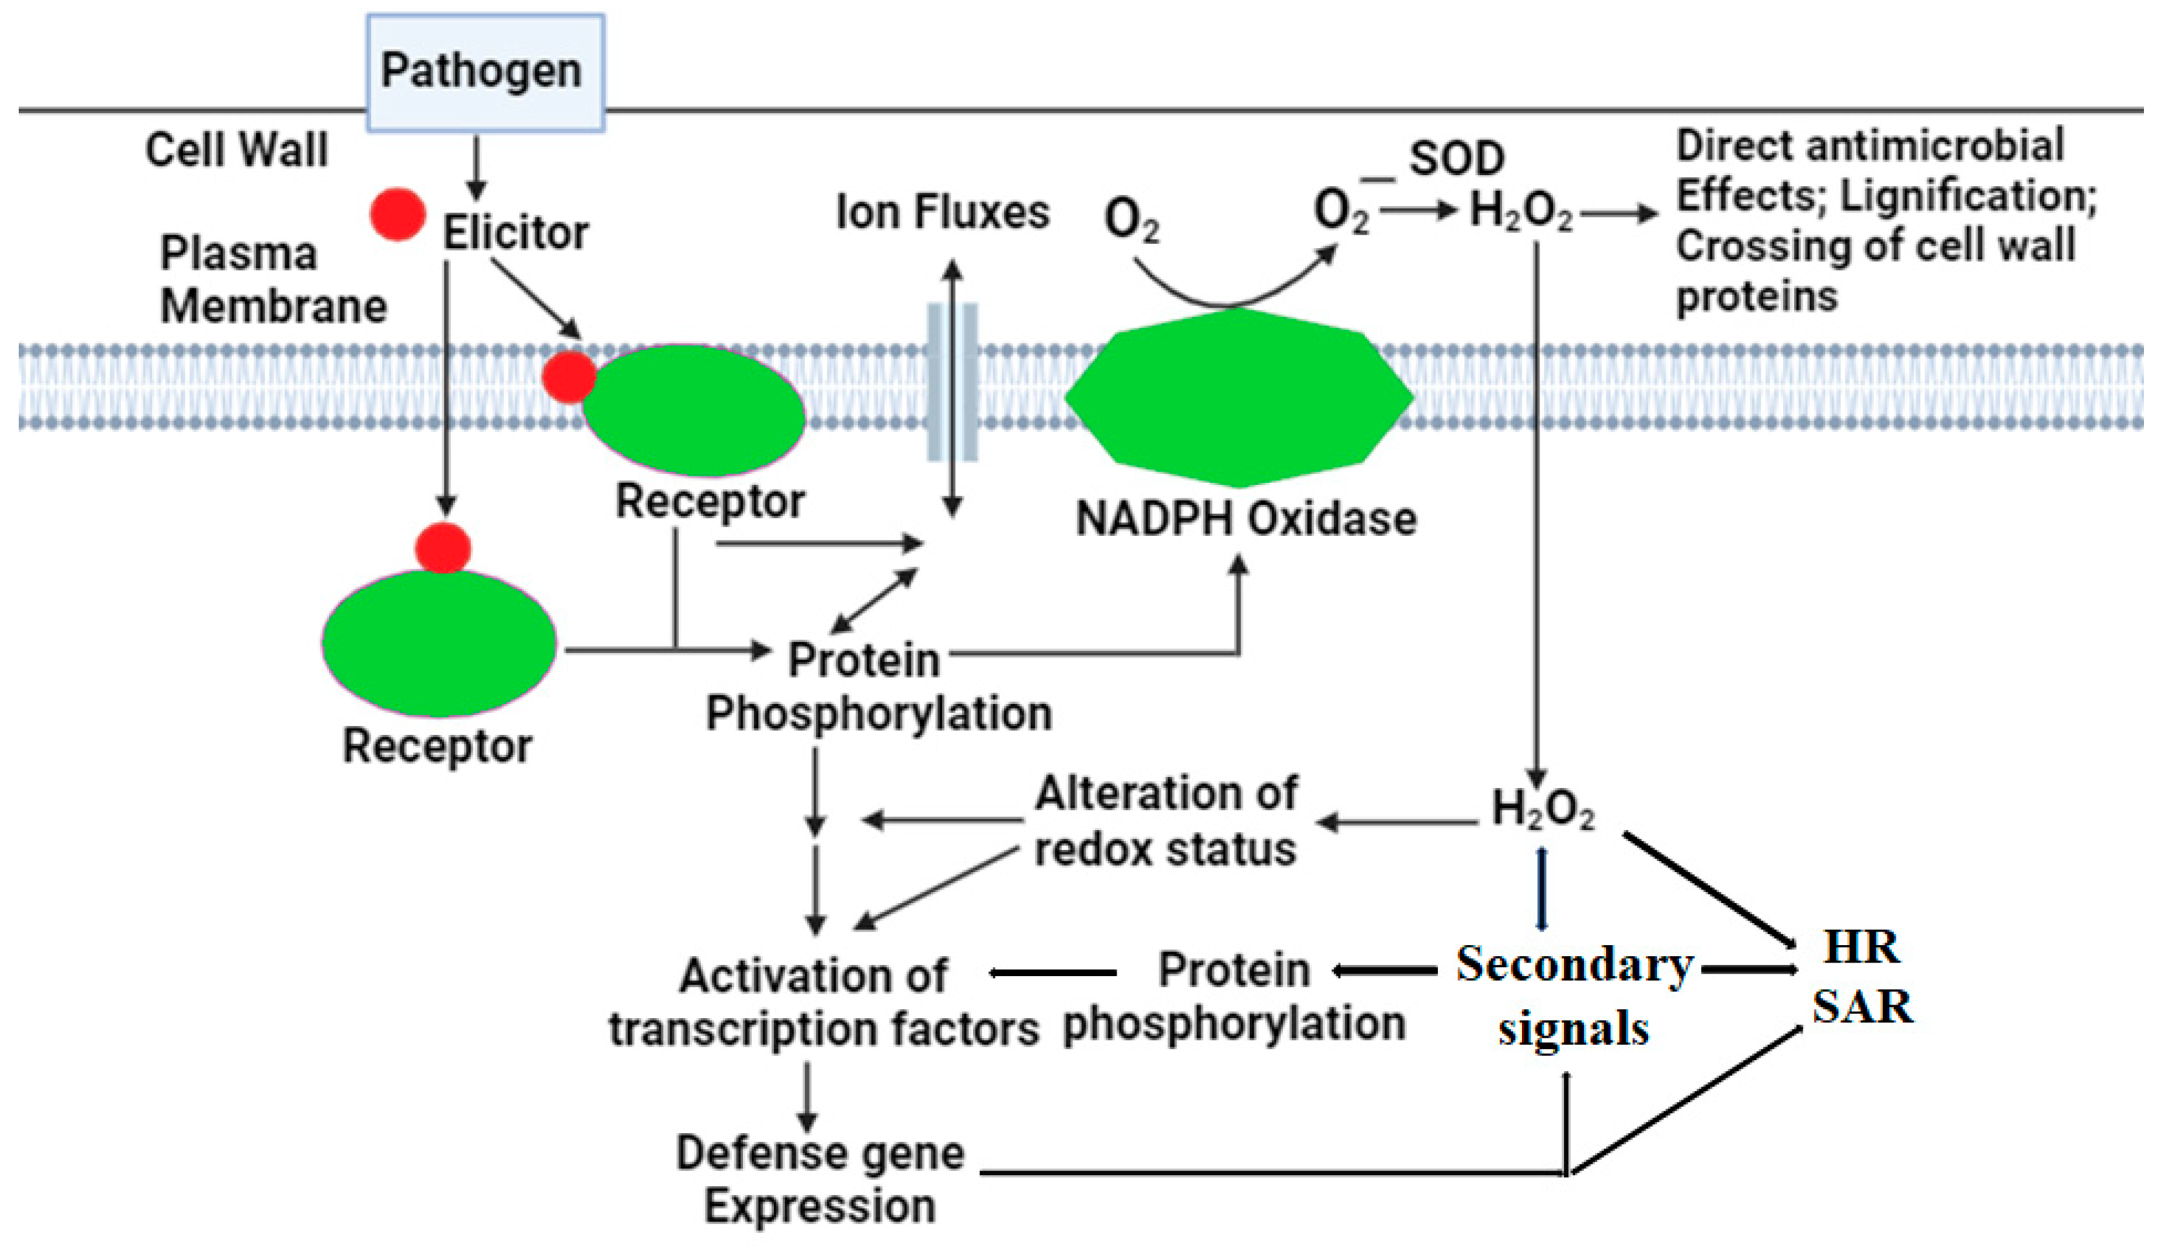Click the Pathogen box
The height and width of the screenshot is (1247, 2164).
coord(485,72)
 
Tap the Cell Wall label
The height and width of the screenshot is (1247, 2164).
coord(237,150)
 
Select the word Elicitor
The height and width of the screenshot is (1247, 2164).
coord(515,233)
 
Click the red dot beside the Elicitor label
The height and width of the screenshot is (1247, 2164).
coord(398,214)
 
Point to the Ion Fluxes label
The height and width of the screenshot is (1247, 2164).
coord(942,213)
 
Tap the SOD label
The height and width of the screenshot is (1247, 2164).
coord(1456,158)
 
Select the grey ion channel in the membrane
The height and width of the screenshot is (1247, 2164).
coord(952,382)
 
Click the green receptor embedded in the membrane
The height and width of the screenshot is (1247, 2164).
coord(694,411)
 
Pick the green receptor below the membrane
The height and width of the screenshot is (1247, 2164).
coord(438,643)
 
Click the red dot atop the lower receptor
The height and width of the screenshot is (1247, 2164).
coord(443,548)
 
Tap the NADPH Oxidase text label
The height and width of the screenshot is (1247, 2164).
coord(1245,519)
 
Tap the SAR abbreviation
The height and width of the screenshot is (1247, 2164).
coord(1861,1007)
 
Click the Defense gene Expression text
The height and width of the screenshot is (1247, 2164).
coord(820,1179)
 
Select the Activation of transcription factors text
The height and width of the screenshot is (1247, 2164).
coord(822,1002)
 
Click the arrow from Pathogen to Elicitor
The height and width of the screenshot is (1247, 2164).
coord(476,167)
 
